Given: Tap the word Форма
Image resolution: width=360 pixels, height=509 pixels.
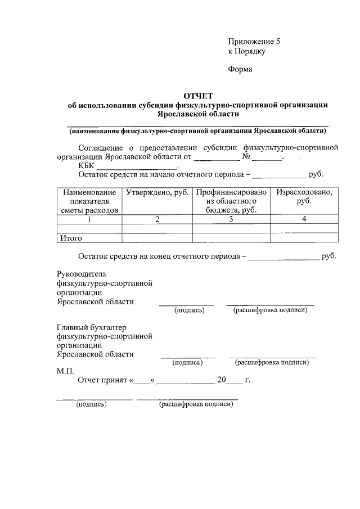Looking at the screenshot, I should point(240,69).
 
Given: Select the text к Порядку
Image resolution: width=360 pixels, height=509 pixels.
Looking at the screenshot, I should point(246,51).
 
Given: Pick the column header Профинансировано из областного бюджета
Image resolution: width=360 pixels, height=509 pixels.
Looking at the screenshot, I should point(231,201).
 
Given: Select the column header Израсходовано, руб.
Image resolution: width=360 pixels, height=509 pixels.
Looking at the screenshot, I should point(304,196).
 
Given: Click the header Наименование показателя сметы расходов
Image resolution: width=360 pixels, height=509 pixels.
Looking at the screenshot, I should point(89,201).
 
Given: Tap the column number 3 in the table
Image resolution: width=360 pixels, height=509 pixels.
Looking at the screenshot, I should point(231,219).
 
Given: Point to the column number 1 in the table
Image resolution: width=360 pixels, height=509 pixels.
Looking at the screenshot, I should point(89,219).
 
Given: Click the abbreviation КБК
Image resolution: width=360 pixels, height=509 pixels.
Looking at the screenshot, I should point(87,166).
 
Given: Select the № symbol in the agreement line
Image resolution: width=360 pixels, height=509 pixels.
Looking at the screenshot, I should point(245,157).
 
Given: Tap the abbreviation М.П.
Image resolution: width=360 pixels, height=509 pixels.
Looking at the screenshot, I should point(66,371).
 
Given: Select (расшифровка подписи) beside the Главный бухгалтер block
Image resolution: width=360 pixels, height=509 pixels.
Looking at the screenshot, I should point(272,362).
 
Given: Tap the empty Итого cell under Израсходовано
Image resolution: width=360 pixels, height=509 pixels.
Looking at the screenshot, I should point(304,238).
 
